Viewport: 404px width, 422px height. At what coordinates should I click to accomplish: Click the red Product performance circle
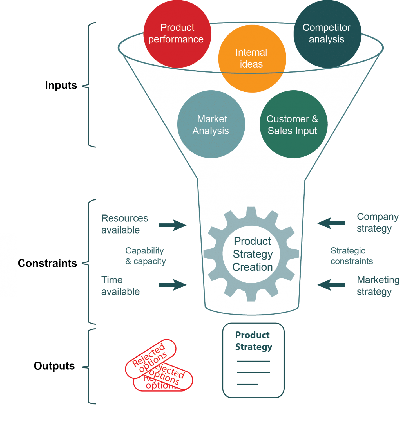coord(177,34)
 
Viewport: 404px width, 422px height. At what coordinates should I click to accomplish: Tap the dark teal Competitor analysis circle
coord(327,34)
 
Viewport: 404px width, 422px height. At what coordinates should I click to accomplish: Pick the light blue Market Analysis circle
coord(211,124)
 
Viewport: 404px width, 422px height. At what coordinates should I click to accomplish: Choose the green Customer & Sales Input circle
coord(293,124)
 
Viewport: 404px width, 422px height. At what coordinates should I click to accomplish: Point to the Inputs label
coord(62,86)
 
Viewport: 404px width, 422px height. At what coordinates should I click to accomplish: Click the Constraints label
coord(47,264)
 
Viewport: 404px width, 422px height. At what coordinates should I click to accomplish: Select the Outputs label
coord(54,366)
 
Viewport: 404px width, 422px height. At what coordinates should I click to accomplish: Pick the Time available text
coord(120,286)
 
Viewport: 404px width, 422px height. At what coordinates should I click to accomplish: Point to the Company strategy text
coord(377,223)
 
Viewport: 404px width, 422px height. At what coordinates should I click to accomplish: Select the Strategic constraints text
coord(351,256)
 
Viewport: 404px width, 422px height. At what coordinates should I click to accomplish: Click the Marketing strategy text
coord(378,286)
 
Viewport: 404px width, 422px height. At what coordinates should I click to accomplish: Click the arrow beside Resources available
coord(172,225)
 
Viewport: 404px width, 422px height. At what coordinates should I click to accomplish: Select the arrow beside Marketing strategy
coord(331,286)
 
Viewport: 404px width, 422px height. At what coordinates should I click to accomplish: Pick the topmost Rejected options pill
coord(151,357)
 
